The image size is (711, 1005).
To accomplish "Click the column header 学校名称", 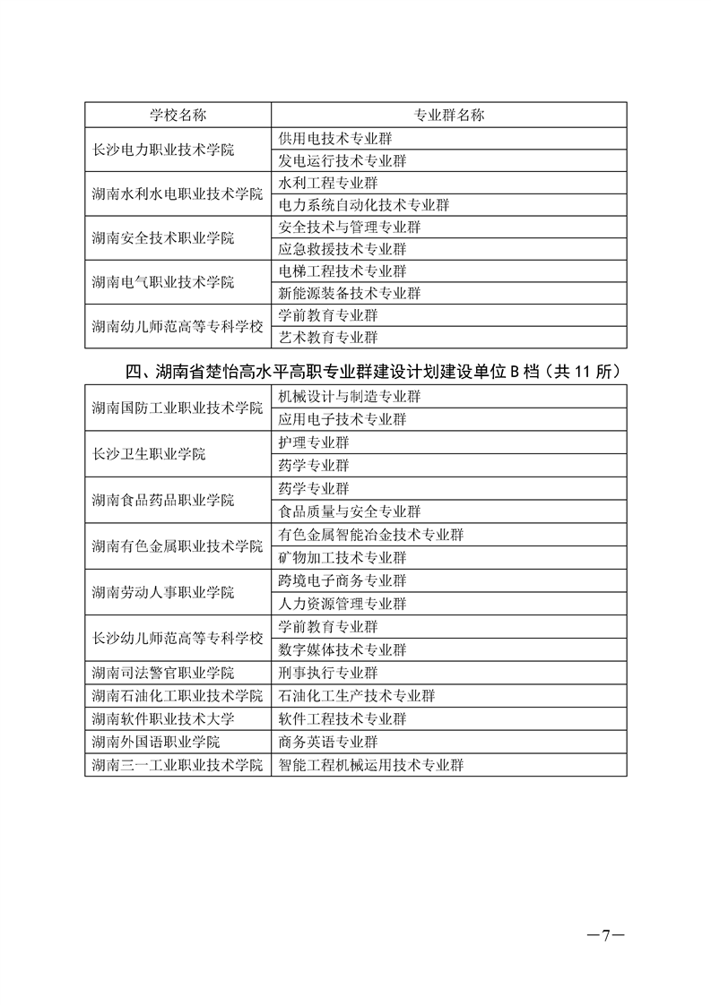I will click(x=177, y=116).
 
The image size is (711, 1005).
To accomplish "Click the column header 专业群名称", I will click(x=448, y=116).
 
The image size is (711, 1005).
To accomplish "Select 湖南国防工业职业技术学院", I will click(x=177, y=408).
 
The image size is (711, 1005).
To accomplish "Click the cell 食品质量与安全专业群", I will click(x=350, y=511).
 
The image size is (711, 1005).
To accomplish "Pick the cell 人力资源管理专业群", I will click(x=342, y=604).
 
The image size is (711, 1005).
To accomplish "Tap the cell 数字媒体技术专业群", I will click(x=342, y=649).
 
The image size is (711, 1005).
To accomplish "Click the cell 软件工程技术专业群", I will click(x=342, y=718).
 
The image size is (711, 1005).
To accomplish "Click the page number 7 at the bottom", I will click(x=605, y=935).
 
